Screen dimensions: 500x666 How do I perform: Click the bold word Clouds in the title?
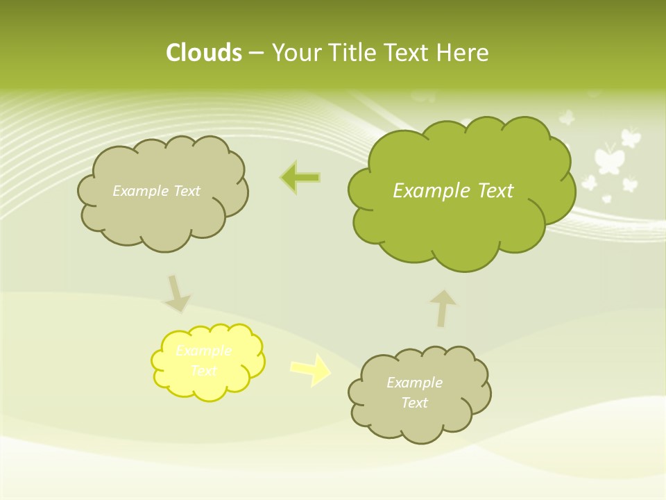pos(204,53)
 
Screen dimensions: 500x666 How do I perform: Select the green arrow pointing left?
pos(300,178)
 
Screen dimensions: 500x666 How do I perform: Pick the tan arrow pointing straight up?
pos(443,308)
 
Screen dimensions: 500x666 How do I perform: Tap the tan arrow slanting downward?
pos(176,294)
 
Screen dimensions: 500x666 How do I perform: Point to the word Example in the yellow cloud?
pos(204,351)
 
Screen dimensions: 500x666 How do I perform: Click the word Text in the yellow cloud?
pos(204,372)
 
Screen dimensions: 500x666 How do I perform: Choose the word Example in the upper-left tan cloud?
pos(139,191)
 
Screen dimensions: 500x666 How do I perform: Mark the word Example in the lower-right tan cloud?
pos(414,383)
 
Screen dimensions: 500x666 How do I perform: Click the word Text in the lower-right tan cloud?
pos(414,403)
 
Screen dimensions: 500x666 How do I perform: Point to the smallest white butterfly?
pos(606,199)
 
